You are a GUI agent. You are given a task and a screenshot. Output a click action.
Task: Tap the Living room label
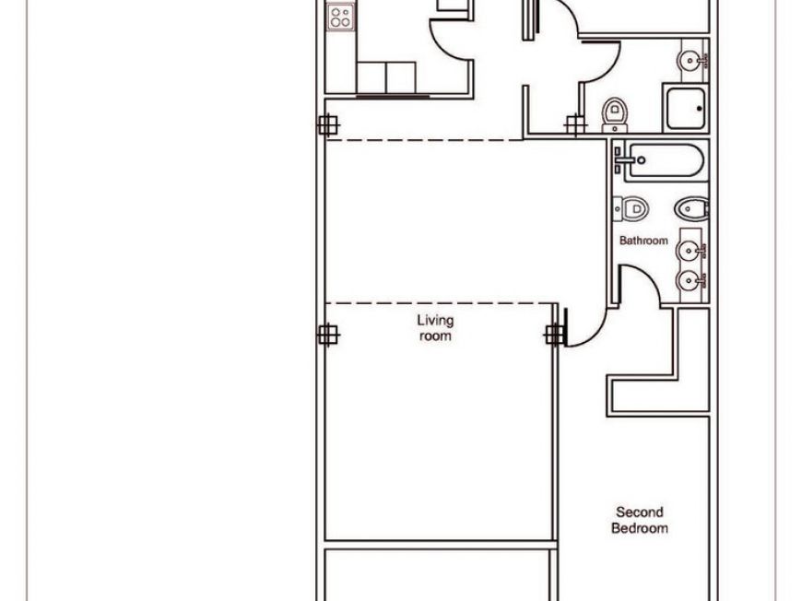point(435,328)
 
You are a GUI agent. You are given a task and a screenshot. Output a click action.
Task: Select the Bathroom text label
point(643,241)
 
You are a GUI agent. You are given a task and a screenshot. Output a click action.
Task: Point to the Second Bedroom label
point(640,520)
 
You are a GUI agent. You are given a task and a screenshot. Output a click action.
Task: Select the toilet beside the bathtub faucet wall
point(632,209)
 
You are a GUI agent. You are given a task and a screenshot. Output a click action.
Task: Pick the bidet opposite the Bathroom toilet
point(691,209)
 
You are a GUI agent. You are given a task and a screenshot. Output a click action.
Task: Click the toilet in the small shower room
point(615,113)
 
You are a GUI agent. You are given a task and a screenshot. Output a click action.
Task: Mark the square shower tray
point(685,108)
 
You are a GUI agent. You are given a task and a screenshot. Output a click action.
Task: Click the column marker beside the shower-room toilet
point(575,124)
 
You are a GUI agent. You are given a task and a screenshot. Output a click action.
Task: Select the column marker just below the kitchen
point(327,124)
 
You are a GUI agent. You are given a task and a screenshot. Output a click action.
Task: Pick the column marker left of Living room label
point(327,335)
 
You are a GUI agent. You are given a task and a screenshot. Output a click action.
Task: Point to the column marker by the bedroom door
point(554,335)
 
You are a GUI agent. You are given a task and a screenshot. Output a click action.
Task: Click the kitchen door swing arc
point(449,39)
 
